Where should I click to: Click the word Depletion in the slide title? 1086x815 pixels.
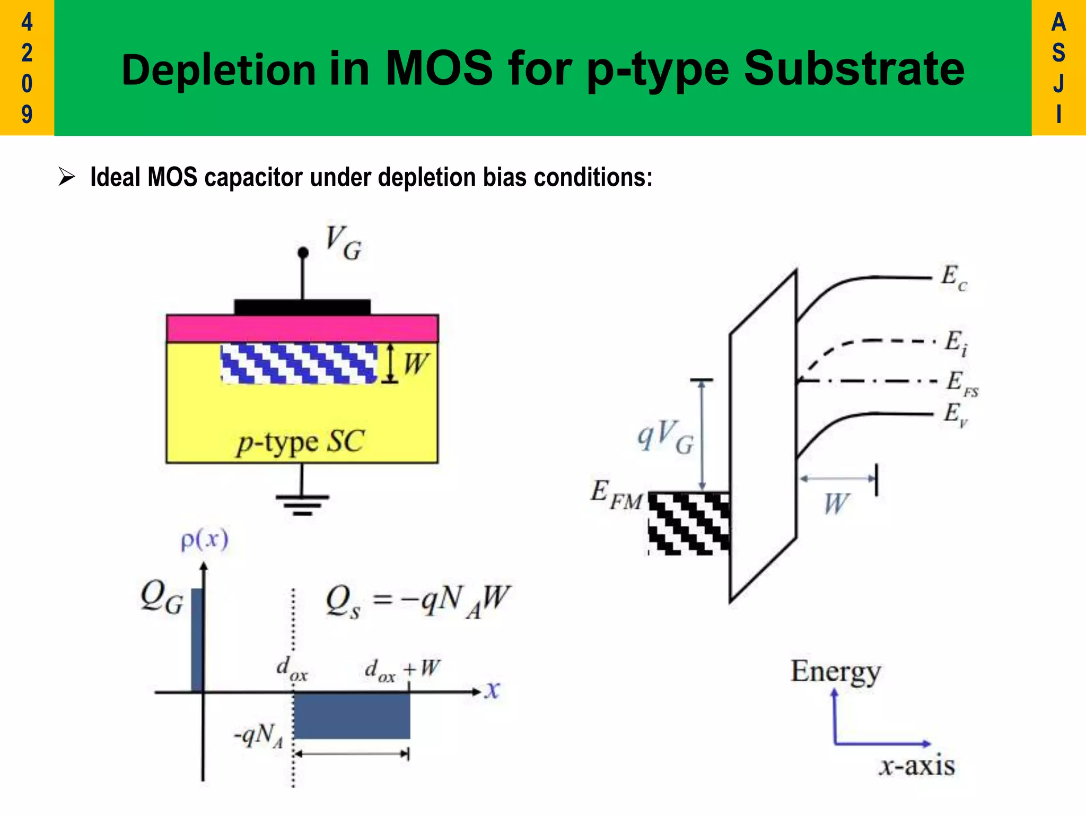pos(218,70)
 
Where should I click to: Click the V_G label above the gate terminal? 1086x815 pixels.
pos(344,243)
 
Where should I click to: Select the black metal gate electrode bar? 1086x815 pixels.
pos(302,307)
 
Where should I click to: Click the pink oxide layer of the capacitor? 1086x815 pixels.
pos(302,328)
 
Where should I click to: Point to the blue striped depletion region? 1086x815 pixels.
pos(299,363)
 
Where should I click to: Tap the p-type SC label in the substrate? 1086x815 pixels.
pos(301,441)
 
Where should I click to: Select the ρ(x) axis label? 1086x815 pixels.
pos(205,540)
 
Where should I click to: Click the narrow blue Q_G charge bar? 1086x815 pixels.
pos(196,639)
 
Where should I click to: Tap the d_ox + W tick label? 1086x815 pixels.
pos(402,670)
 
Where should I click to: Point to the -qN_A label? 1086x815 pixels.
pos(259,736)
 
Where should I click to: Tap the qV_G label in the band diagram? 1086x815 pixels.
pos(665,436)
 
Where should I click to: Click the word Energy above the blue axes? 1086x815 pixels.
pos(835,672)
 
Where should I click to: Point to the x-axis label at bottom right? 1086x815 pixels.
pos(916,766)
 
